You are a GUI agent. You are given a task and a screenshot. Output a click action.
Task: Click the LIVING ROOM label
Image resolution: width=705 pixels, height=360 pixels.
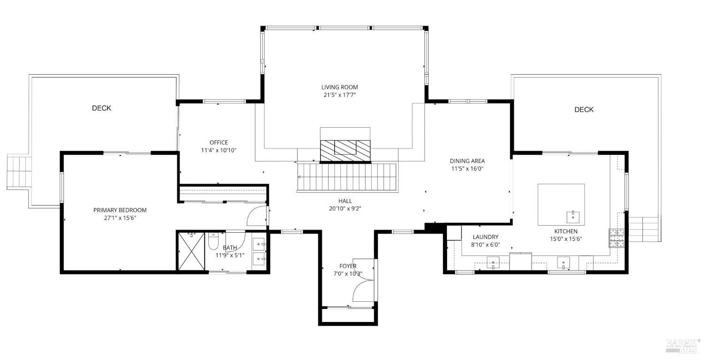[x=339, y=87]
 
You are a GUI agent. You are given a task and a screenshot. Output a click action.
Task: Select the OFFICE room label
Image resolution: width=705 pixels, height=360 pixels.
[x=219, y=142]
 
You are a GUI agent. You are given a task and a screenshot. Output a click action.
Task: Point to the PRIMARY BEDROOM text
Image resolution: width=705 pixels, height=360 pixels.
[x=120, y=210]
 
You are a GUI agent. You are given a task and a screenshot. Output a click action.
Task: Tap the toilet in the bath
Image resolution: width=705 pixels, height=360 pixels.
[x=213, y=242]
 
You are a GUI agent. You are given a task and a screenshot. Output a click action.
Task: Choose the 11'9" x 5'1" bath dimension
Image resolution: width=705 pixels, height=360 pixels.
[x=230, y=255]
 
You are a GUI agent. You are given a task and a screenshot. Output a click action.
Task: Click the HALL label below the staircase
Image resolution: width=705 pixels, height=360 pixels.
[x=345, y=201]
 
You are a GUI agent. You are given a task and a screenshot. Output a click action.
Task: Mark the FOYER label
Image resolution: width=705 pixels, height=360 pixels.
[x=348, y=266]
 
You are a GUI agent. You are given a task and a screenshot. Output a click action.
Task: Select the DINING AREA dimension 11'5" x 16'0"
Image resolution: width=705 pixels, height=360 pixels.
[x=467, y=169]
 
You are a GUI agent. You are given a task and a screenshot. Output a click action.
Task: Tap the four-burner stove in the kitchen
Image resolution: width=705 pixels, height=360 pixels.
[x=617, y=237]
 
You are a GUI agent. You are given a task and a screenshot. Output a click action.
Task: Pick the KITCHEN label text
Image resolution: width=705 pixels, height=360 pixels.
[x=565, y=231]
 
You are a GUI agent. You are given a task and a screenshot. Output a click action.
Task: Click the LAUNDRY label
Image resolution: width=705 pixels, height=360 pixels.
[x=486, y=237]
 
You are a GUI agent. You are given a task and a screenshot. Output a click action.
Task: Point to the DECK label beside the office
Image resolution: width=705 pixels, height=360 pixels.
[x=102, y=108]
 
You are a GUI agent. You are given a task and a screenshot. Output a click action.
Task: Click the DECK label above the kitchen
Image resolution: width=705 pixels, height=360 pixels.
[x=584, y=110]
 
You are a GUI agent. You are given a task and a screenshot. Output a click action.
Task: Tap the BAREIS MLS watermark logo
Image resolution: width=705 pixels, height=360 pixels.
[x=683, y=345]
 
